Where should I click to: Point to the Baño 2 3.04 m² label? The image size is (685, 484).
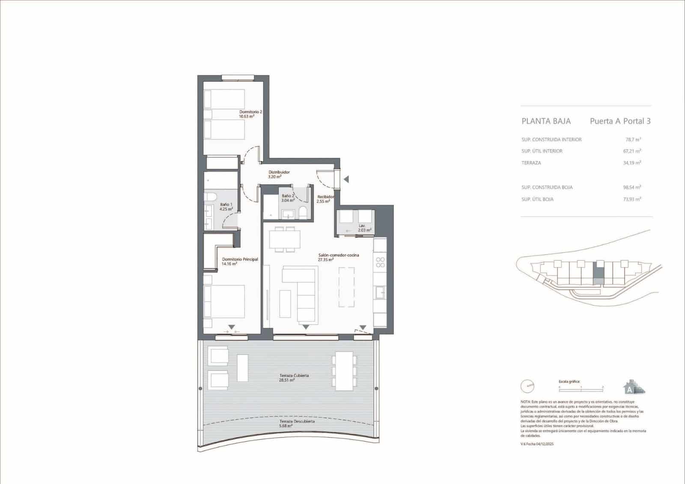coord(288,198)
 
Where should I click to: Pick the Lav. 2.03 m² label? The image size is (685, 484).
coord(364,228)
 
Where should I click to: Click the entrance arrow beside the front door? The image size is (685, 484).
coord(346,179)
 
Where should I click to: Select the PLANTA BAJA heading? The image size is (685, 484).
coord(546,121)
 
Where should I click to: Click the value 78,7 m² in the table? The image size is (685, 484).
coord(633,140)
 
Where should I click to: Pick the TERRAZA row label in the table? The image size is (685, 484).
coord(531,163)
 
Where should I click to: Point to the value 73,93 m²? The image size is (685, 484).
coord(632,199)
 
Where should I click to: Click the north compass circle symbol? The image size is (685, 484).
coord(527,386)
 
